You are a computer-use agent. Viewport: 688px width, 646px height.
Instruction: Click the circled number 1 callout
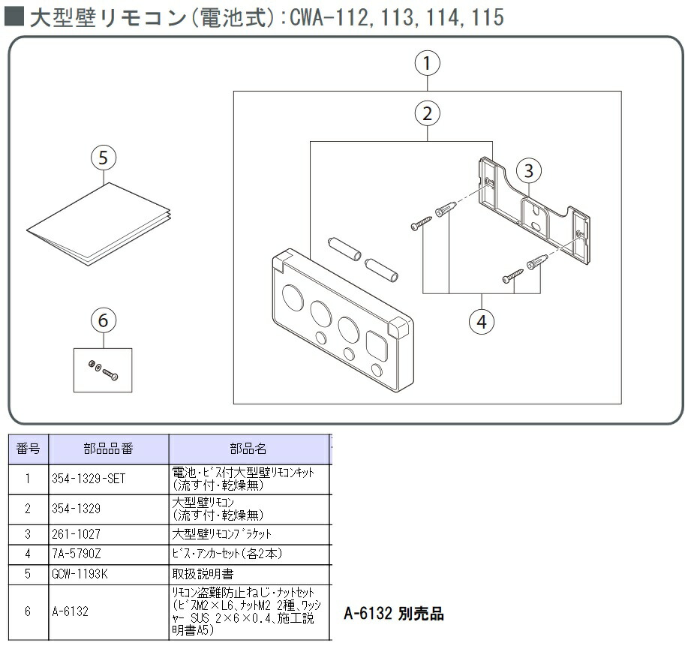click(427, 64)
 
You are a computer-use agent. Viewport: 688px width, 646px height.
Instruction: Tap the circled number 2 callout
click(427, 114)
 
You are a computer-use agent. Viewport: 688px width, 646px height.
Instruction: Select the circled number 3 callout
click(528, 171)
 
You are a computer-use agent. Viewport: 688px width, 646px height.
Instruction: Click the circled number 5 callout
click(104, 158)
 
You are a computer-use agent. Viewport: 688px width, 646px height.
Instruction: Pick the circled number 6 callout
click(104, 320)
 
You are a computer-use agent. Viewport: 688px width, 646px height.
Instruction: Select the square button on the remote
click(377, 346)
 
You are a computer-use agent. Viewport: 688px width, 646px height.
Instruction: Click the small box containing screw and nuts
click(103, 369)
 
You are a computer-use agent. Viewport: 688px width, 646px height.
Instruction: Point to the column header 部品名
click(248, 449)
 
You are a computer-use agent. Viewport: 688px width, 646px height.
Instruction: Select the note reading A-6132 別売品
click(394, 614)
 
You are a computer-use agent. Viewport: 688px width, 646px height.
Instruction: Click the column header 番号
click(28, 449)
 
